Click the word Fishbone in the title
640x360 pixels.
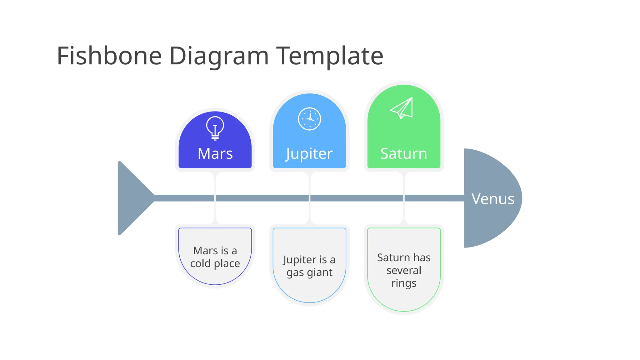point(109,56)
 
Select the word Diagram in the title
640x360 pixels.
point(219,56)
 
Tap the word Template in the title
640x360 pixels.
point(330,56)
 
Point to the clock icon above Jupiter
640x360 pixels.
point(309,119)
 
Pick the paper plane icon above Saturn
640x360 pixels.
point(402,108)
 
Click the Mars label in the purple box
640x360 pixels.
point(215,153)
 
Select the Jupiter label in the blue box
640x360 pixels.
point(309,154)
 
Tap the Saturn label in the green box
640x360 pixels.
point(404,153)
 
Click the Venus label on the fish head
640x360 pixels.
point(493,199)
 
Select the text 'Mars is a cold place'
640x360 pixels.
point(215,257)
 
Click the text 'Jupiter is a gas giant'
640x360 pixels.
point(309,266)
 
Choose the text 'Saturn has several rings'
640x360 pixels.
point(404,270)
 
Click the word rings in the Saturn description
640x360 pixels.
point(404,283)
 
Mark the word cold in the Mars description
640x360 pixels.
point(200,263)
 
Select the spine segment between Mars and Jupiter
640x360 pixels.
point(262,198)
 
